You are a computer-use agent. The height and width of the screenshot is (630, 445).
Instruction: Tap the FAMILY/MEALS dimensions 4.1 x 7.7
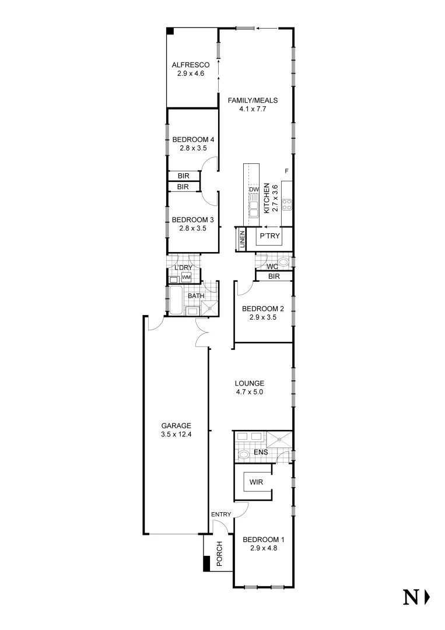click(252, 108)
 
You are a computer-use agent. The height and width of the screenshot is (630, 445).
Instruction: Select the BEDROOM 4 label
click(193, 139)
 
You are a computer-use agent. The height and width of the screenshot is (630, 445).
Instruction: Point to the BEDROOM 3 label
click(193, 220)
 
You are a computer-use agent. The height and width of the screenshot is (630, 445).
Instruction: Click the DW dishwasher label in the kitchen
click(253, 190)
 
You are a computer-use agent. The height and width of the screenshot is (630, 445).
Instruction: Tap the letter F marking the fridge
click(286, 171)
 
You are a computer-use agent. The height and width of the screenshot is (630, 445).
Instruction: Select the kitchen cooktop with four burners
click(287, 205)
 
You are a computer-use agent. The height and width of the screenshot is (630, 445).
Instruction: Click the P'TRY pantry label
click(269, 236)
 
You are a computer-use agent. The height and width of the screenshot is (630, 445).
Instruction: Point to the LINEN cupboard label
click(241, 240)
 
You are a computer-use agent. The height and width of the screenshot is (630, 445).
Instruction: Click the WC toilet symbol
click(283, 261)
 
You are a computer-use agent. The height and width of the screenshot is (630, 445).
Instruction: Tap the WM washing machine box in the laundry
click(186, 277)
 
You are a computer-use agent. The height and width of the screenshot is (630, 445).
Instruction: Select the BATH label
click(195, 296)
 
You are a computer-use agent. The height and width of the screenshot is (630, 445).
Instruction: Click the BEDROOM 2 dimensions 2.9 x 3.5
click(262, 318)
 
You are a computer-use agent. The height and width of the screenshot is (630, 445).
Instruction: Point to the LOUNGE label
click(250, 383)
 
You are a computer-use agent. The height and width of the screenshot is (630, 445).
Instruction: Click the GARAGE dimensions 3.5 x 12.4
click(176, 434)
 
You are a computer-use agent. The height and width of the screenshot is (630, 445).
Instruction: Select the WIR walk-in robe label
click(255, 482)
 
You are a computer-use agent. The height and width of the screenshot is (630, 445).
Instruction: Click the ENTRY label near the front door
click(221, 514)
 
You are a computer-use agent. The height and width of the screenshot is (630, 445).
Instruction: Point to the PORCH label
click(220, 554)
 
